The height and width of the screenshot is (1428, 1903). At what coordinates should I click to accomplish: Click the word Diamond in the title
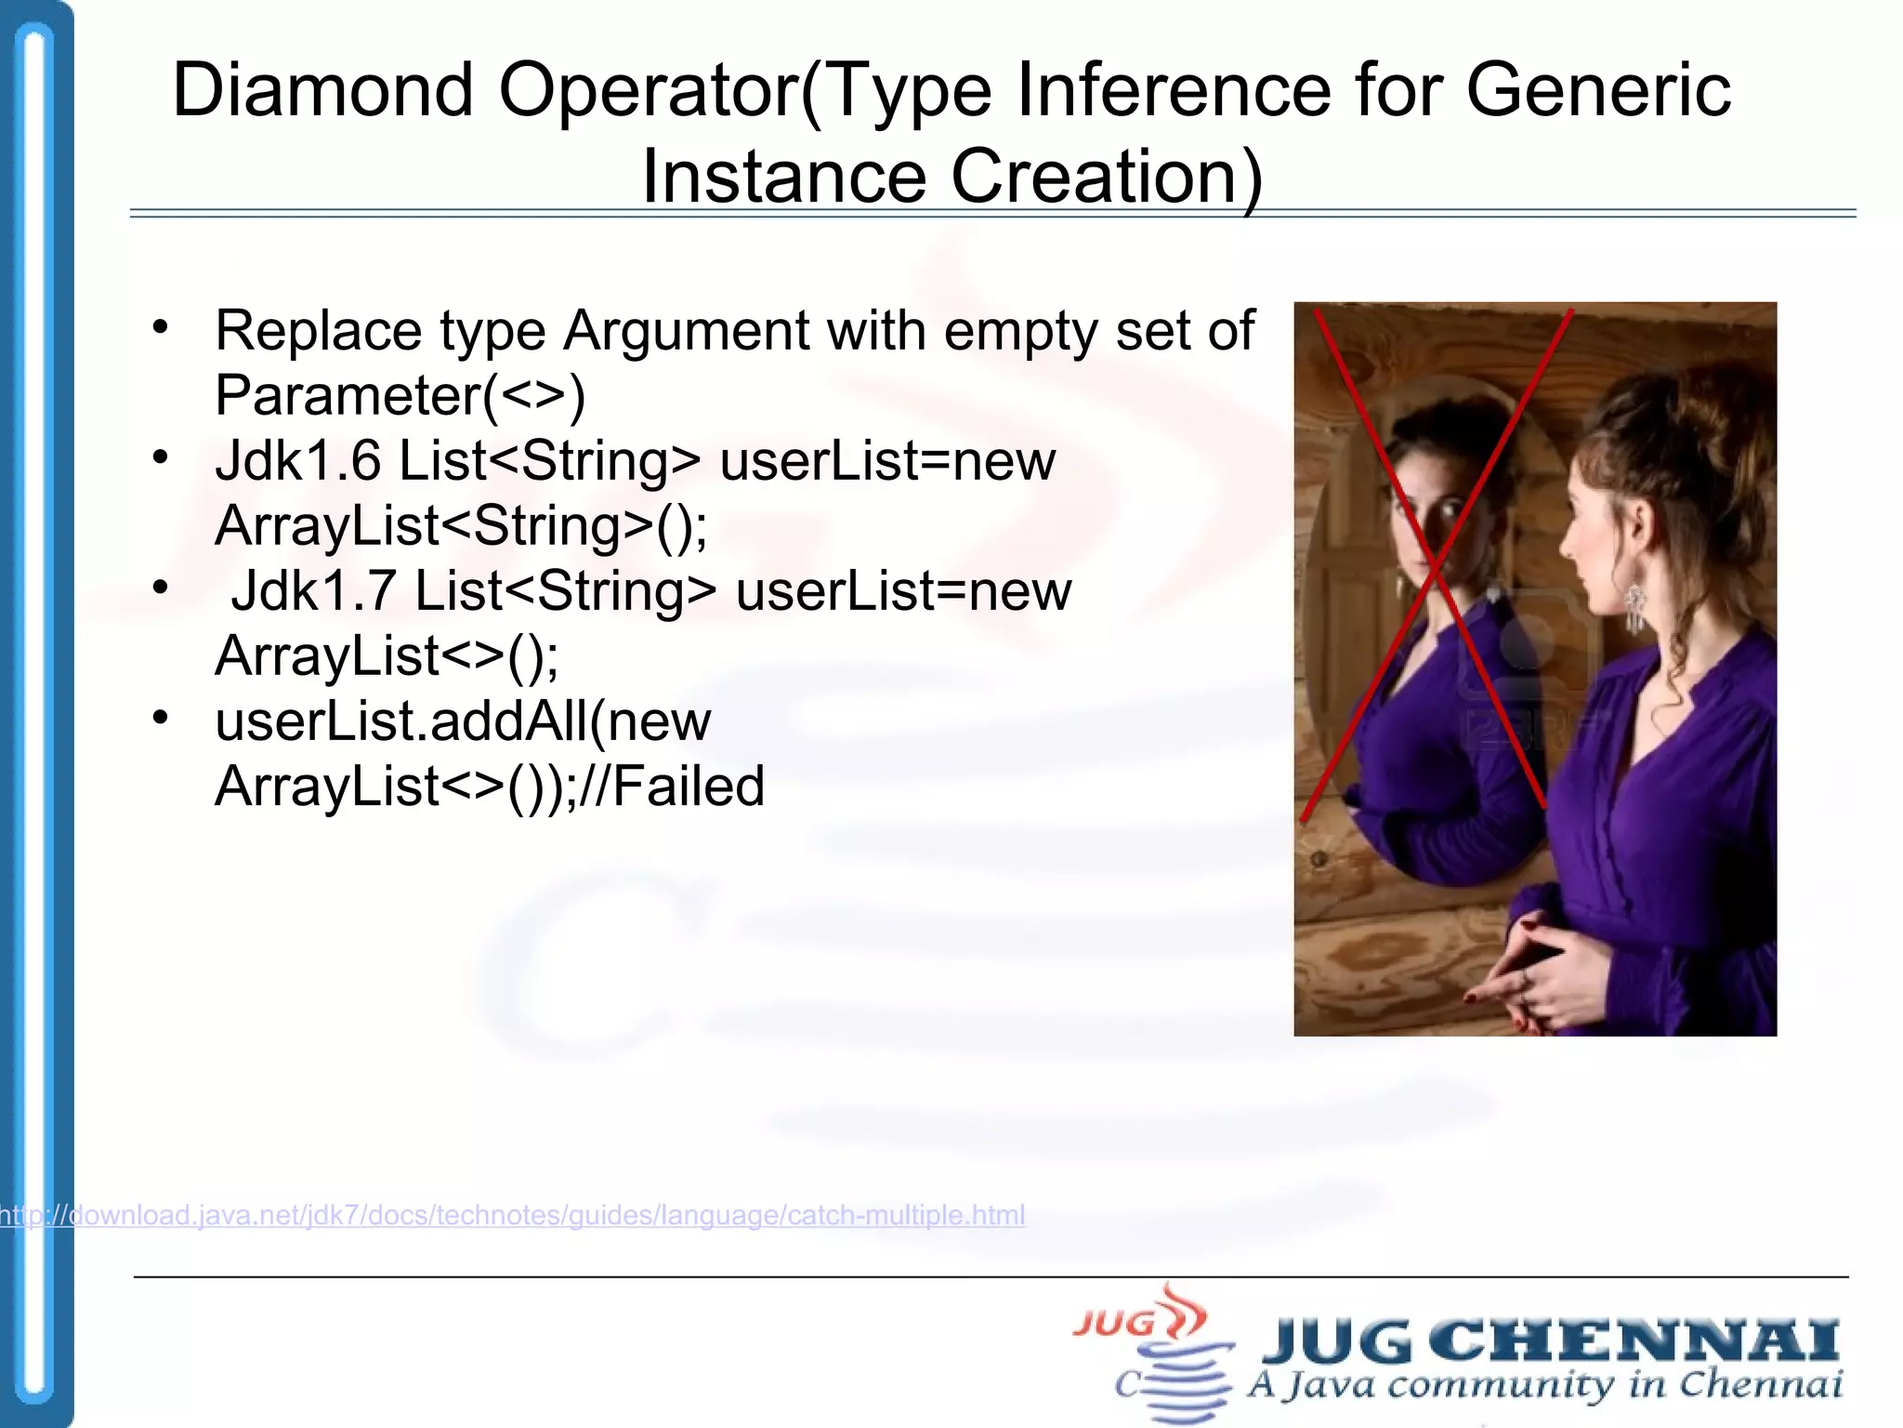[322, 90]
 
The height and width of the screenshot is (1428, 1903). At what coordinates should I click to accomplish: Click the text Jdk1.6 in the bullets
[297, 460]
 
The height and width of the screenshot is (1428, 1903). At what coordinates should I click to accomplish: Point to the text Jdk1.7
[313, 590]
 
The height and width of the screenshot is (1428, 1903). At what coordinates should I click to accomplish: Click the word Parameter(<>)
[400, 396]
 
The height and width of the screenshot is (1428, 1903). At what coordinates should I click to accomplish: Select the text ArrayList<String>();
[461, 526]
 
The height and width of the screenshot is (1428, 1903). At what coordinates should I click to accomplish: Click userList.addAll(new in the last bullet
[463, 721]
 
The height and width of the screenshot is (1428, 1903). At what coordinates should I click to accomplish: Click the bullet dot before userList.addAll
[161, 717]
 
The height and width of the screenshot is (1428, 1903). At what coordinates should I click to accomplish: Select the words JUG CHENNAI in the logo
[1550, 1342]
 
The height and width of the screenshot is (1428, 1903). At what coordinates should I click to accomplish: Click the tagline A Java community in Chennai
[1543, 1385]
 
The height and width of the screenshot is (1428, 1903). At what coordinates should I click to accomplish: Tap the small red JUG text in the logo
[1113, 1323]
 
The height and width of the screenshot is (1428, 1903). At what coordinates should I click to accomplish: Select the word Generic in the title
[1598, 90]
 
